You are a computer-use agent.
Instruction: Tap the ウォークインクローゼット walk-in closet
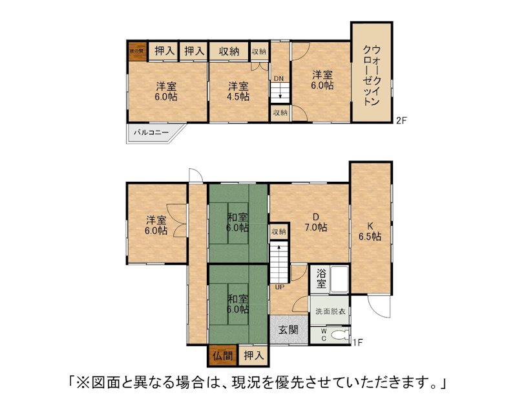[371, 74]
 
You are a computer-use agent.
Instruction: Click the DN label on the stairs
[279, 79]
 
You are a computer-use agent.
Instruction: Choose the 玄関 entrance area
[288, 330]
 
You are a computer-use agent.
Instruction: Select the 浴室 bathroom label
[321, 279]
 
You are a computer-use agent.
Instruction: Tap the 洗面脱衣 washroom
[330, 312]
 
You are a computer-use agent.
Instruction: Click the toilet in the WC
[337, 334]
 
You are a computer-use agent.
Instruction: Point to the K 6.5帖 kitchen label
[370, 231]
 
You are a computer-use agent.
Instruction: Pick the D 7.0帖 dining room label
[315, 222]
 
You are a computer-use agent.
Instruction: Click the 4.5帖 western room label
[238, 91]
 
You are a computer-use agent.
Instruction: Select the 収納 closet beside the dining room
[279, 232]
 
